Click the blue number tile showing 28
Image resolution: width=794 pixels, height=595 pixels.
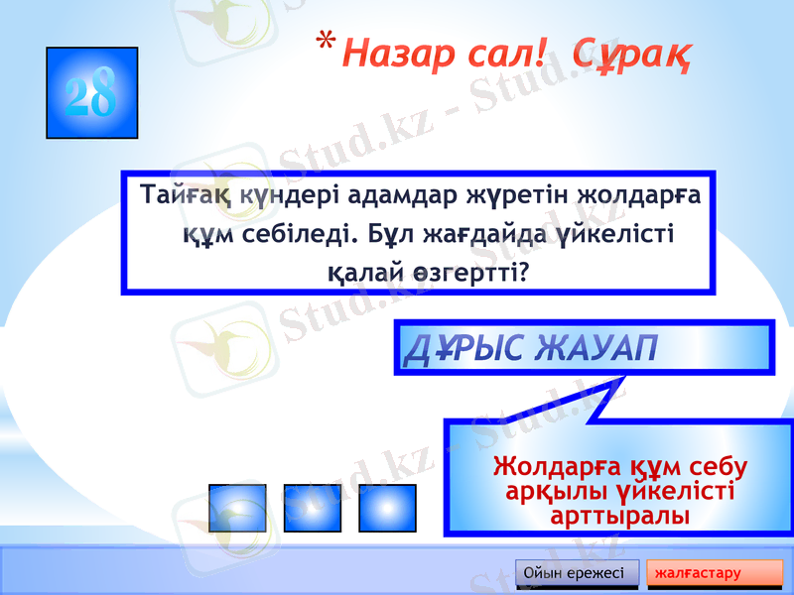(91, 92)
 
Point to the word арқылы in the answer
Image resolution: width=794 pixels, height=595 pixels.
(550, 491)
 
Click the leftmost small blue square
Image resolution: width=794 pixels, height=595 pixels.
(237, 508)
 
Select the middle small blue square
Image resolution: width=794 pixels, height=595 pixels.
(313, 508)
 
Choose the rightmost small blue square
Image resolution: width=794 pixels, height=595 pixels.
(387, 508)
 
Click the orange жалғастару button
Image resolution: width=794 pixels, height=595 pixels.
(714, 574)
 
